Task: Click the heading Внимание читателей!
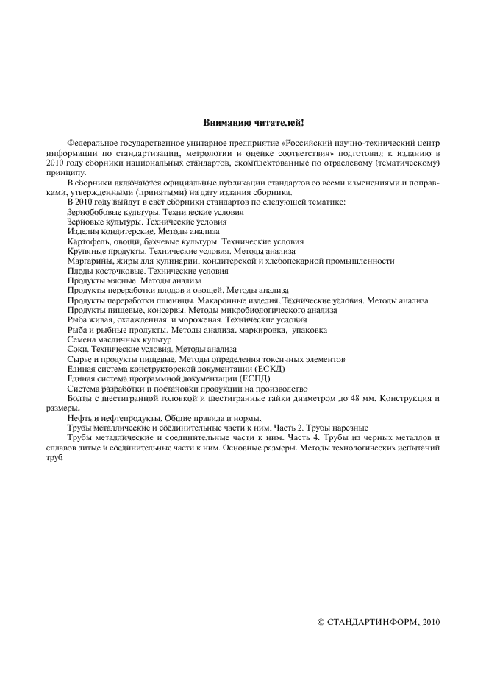point(243,121)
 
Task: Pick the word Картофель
point(87,241)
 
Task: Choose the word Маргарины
point(89,261)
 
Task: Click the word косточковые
point(113,271)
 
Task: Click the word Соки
point(77,350)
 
